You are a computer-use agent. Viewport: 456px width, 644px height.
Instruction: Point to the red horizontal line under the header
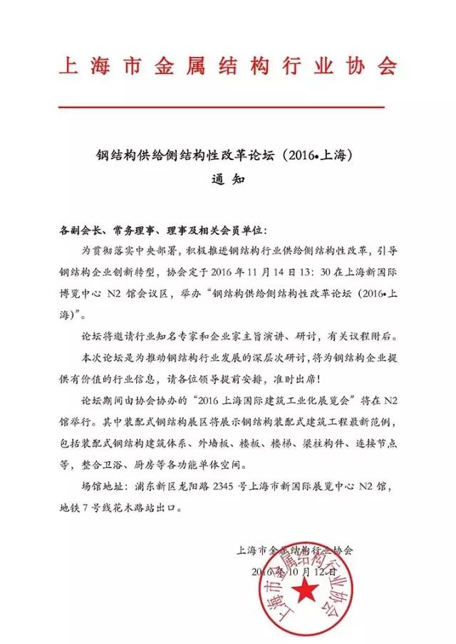coord(221,107)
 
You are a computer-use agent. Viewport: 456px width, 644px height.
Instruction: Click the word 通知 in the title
coord(227,180)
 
